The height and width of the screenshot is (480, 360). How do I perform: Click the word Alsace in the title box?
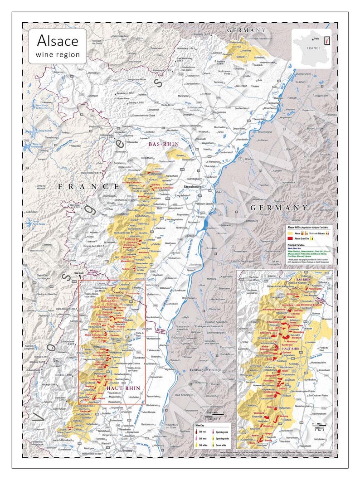click(x=57, y=40)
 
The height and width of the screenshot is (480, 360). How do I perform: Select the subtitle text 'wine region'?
click(x=57, y=54)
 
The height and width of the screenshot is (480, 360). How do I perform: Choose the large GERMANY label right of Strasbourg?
click(x=278, y=207)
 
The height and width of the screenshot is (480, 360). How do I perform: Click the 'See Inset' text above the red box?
click(x=79, y=274)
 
